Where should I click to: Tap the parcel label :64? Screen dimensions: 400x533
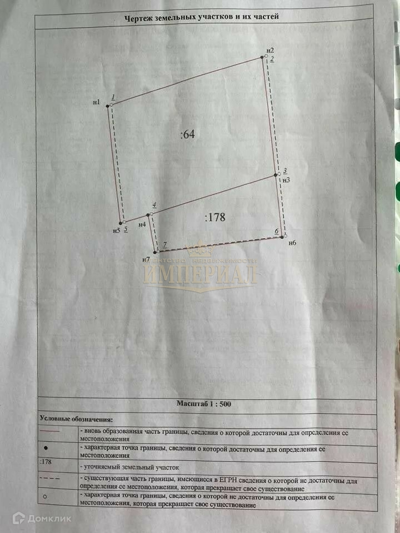tap(188, 134)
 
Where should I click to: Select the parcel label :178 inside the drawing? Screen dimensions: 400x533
tap(214, 218)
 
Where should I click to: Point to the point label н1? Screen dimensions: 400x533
tap(97, 102)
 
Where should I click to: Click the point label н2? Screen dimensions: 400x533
tap(271, 51)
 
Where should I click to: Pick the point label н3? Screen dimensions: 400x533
tap(286, 180)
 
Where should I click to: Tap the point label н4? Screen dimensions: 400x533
tap(142, 224)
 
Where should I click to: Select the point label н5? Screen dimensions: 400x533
tap(116, 230)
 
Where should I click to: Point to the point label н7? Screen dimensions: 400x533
tap(146, 259)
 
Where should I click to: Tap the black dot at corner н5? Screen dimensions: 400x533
tap(121, 223)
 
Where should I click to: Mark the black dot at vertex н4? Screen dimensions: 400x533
tap(148, 215)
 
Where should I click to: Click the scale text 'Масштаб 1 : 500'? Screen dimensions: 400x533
tap(203, 404)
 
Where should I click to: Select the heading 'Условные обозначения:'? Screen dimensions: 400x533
tap(76, 419)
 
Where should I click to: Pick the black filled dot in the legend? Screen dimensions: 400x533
tap(46, 447)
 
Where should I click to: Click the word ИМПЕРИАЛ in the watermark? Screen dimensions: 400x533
tap(200, 275)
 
